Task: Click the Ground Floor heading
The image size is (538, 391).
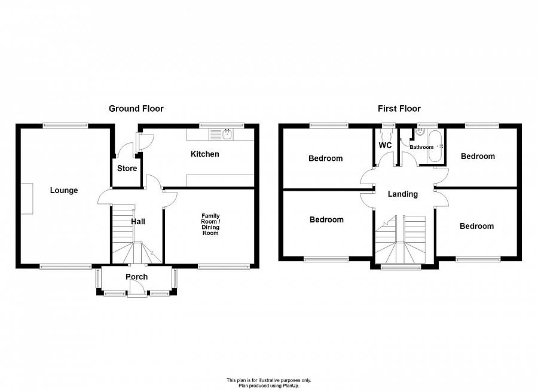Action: tap(136, 109)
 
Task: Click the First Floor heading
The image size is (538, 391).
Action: tap(399, 109)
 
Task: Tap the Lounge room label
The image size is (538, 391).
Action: tap(64, 191)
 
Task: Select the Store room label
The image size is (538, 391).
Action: tap(127, 168)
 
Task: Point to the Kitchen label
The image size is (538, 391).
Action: tap(205, 154)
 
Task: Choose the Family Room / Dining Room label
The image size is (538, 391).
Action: tap(210, 225)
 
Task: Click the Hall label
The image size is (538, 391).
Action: tap(138, 222)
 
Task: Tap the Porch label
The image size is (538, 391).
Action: tap(136, 277)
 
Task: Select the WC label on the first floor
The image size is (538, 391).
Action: tap(385, 145)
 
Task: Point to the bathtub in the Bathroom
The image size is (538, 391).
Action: tap(435, 146)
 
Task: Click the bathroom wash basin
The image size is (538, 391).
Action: tap(420, 132)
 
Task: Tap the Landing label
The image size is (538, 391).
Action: tap(403, 194)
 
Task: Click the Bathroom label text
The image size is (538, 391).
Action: tap(421, 147)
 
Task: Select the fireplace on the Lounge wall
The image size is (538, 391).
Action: tap(27, 198)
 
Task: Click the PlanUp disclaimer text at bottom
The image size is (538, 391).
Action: tap(268, 383)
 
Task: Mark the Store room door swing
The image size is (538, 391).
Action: tap(125, 150)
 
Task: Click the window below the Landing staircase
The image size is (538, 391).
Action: tap(401, 267)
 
